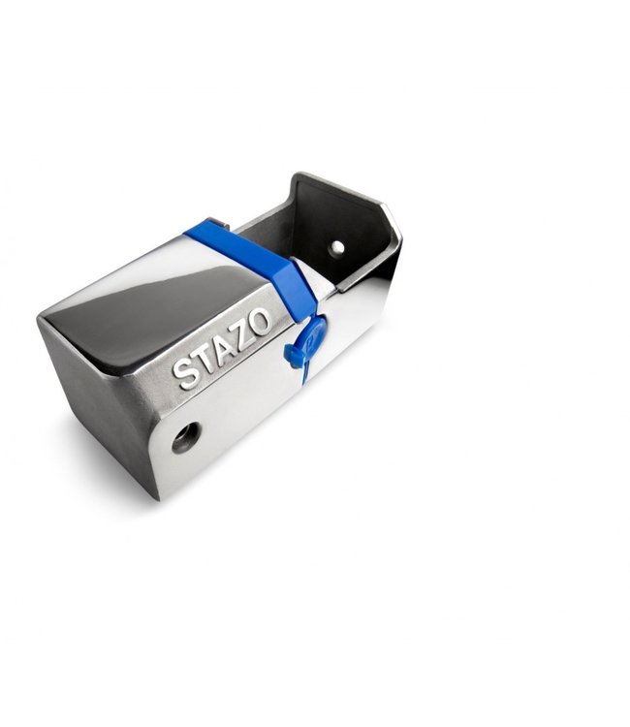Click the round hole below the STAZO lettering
pos(185,437)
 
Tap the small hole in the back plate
pos(336,247)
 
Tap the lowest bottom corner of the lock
pos(156,496)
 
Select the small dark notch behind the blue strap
pos(219,224)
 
